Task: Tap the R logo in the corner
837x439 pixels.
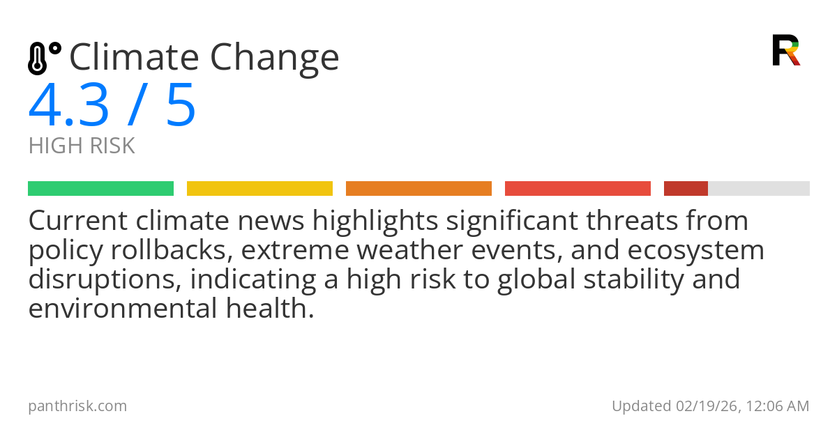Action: [785, 50]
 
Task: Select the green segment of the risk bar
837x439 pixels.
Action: [100, 189]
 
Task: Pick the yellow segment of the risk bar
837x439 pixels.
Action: [259, 189]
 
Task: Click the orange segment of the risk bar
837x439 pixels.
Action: [418, 189]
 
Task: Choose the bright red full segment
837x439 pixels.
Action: [578, 189]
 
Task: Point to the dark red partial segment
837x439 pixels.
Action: [686, 189]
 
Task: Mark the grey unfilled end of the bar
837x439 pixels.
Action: [759, 189]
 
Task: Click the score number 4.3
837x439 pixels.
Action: [69, 106]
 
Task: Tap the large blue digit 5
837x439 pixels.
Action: [181, 106]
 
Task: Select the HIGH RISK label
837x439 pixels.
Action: [82, 146]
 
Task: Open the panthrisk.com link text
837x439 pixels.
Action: [77, 406]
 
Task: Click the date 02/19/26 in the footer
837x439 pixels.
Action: [702, 406]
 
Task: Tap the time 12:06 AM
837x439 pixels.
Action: [776, 406]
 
